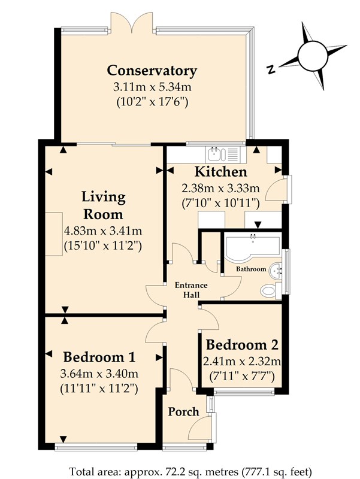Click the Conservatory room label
tap(152, 71)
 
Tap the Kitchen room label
tap(220, 172)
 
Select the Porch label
tap(183, 411)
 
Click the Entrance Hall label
tap(191, 290)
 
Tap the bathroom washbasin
tap(276, 270)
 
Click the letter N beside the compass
tap(270, 70)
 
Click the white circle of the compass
tap(313, 56)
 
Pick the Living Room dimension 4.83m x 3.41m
tap(103, 231)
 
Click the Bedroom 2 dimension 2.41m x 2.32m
tap(242, 362)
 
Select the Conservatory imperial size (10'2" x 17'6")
tap(152, 102)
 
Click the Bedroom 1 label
tap(99, 357)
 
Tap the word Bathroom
tap(251, 269)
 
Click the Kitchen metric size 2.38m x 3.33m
tap(220, 188)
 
